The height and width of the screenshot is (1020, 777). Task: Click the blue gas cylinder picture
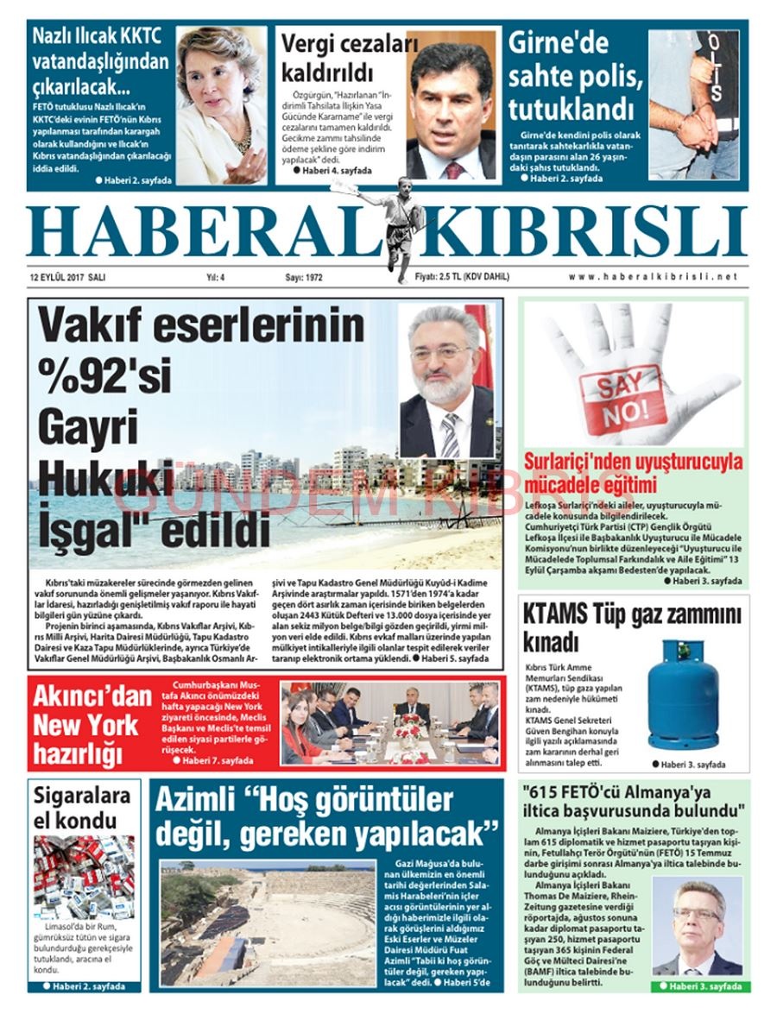pyautogui.click(x=683, y=695)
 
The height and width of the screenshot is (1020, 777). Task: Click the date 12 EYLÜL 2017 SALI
pyautogui.click(x=67, y=277)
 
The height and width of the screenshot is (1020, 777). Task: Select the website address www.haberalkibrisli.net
pyautogui.click(x=654, y=277)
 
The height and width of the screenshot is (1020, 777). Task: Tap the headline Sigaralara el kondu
pyautogui.click(x=82, y=807)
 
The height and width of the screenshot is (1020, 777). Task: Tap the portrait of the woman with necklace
pyautogui.click(x=222, y=104)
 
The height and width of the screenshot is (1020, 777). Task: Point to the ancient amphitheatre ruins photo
pyautogui.click(x=268, y=922)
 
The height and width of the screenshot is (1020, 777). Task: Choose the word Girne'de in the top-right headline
pyautogui.click(x=559, y=43)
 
